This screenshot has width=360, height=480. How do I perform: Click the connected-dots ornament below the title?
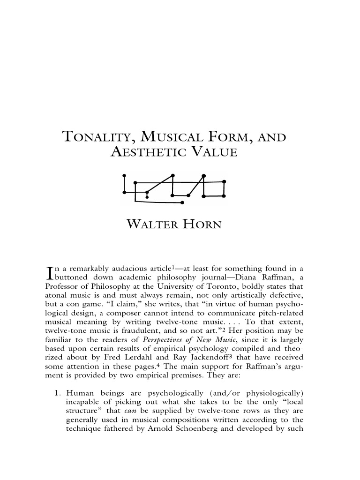173,189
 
